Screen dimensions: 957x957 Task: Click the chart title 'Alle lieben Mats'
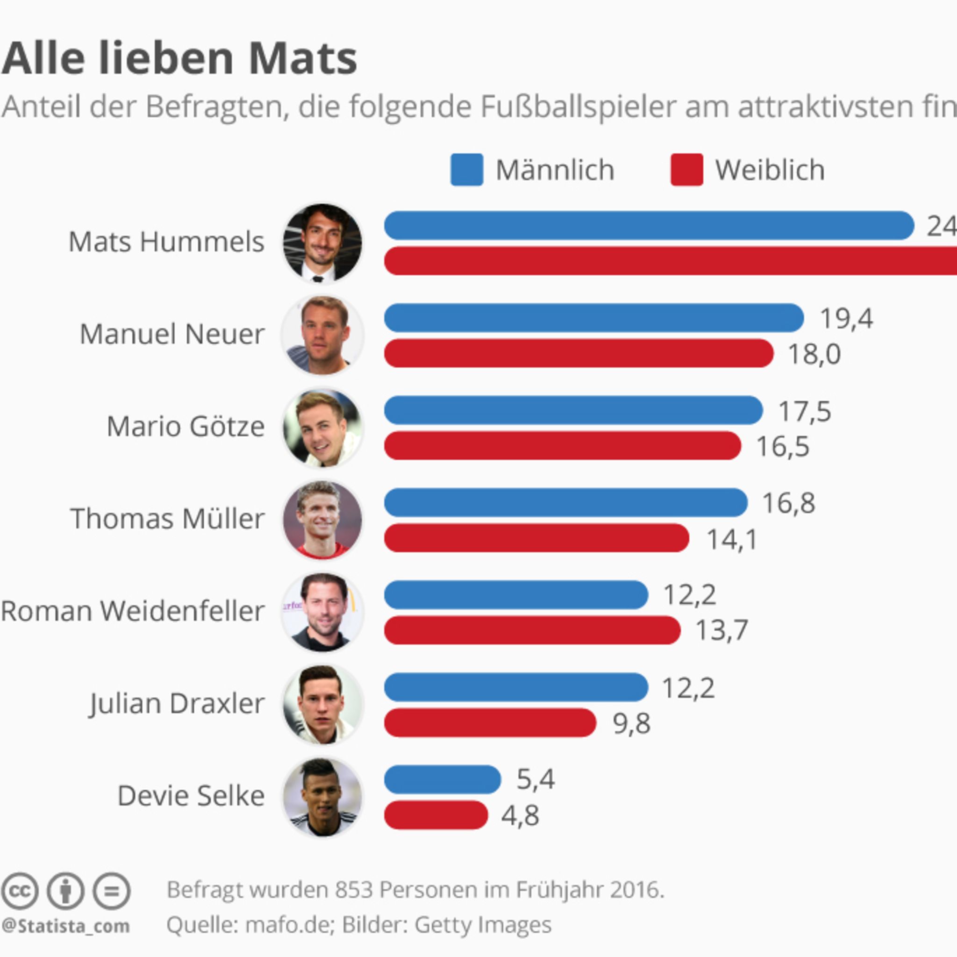tap(179, 58)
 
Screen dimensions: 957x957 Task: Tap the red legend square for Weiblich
tap(686, 170)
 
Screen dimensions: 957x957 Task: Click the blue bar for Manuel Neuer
tap(593, 317)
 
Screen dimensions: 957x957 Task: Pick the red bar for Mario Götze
tap(562, 445)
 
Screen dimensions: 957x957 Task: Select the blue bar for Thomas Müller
tap(565, 502)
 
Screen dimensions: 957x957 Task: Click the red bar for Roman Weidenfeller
tap(532, 630)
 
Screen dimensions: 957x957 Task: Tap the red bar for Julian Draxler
tap(490, 723)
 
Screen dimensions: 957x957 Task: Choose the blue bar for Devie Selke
tap(443, 779)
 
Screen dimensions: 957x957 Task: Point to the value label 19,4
tap(847, 318)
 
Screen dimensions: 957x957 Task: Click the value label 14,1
tap(732, 539)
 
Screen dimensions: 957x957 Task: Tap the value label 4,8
tap(520, 815)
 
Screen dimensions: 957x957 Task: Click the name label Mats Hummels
tap(166, 242)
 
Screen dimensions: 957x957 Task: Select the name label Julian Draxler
tap(177, 703)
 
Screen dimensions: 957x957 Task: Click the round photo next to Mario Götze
tap(322, 428)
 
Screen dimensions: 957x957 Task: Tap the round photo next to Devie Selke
tap(322, 797)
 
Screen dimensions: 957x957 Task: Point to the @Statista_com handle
tap(65, 926)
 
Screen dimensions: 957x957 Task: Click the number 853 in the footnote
tap(354, 890)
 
